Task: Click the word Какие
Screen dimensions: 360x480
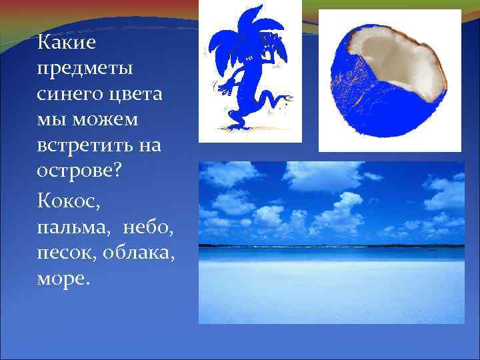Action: click(67, 43)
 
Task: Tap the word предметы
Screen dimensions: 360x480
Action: click(85, 68)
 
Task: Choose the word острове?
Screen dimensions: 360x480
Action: click(79, 170)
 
